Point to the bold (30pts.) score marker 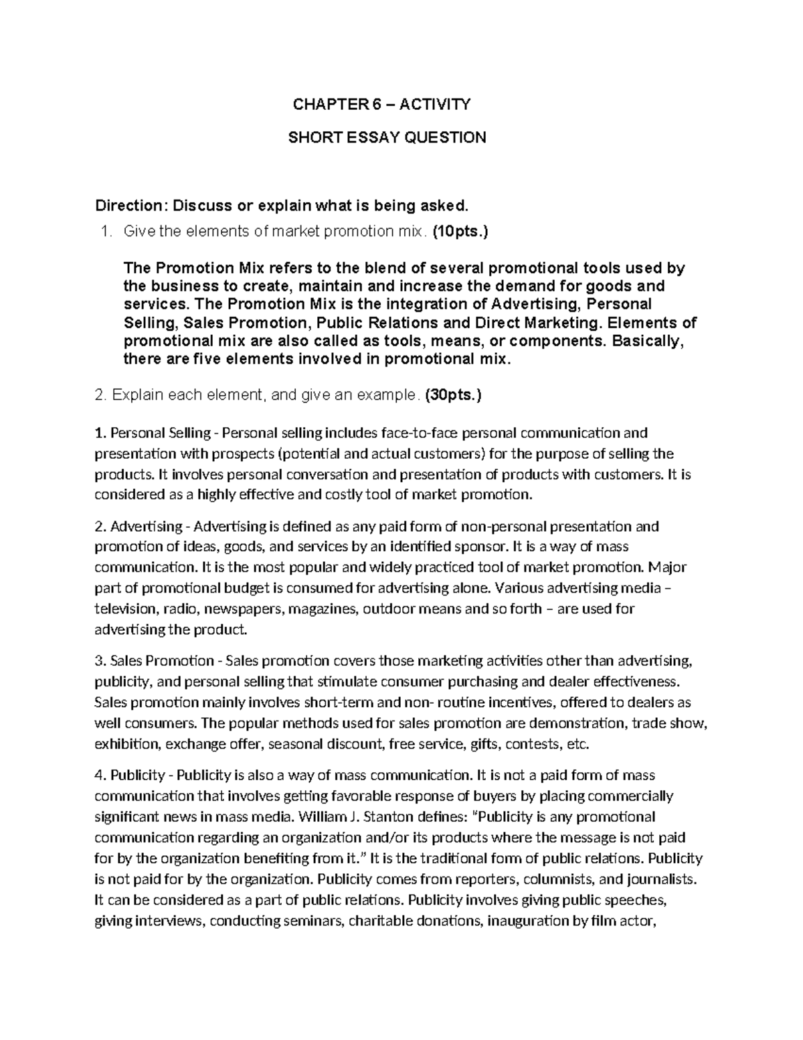point(452,395)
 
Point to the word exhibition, point(128,744)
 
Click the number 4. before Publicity point(100,775)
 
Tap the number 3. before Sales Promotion point(100,661)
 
